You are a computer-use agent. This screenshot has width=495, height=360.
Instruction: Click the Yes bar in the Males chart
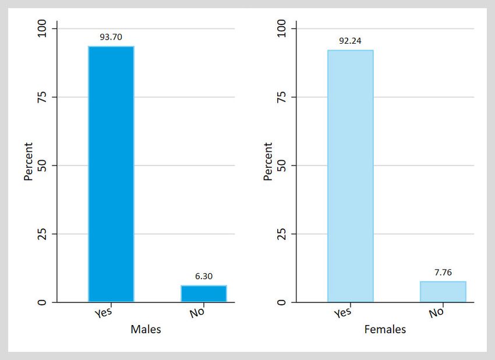click(x=111, y=174)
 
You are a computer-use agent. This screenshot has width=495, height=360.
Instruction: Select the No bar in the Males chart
click(x=204, y=294)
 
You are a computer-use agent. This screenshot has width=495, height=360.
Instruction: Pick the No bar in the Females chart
click(x=443, y=292)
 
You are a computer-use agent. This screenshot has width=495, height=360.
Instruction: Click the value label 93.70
click(x=111, y=37)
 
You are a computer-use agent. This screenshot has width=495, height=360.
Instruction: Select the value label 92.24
click(x=351, y=41)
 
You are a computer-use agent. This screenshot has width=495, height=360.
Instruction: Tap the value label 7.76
click(x=443, y=272)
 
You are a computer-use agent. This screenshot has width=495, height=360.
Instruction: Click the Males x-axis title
click(x=146, y=330)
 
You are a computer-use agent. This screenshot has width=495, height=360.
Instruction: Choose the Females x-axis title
click(x=385, y=330)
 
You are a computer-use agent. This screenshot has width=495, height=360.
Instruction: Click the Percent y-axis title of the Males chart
click(x=29, y=161)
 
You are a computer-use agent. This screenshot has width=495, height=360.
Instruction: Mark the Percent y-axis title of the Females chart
click(x=268, y=161)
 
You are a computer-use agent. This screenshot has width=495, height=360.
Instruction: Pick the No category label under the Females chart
click(x=436, y=313)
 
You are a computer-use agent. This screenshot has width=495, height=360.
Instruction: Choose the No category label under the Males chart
click(x=197, y=313)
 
